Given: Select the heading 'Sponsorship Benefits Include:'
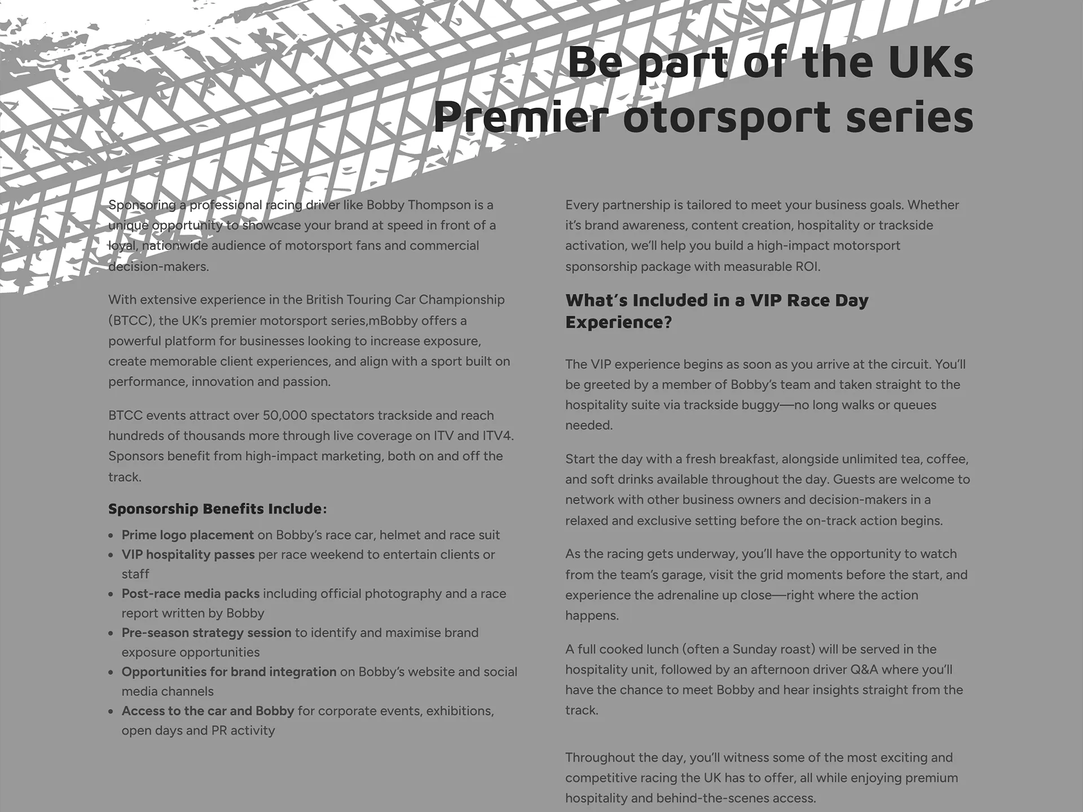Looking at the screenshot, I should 217,509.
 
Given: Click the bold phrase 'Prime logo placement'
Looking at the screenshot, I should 188,535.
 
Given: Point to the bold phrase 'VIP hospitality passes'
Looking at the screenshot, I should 188,554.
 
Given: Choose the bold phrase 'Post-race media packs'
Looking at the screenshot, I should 191,593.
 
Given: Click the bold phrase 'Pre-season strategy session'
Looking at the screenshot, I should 206,633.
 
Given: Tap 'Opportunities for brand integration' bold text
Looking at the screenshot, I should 228,672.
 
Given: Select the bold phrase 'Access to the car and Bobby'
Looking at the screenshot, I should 208,710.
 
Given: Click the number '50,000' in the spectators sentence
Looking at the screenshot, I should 285,416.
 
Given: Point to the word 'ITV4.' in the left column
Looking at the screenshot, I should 498,436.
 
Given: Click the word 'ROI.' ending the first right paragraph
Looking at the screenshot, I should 808,266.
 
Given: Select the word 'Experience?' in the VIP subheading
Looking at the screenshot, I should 618,322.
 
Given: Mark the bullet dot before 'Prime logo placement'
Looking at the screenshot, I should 111,536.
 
